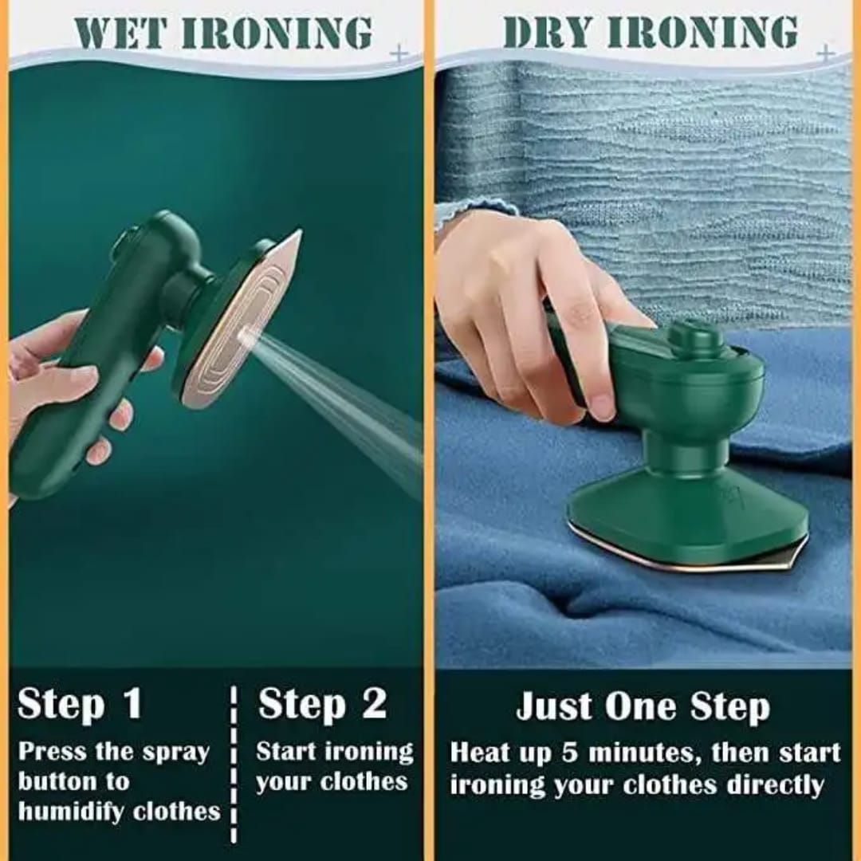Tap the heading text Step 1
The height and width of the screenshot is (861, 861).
coord(80,705)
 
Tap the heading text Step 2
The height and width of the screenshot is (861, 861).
coord(322,705)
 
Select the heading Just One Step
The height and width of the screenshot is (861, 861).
coord(643,707)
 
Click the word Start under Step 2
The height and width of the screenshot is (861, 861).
coord(287,752)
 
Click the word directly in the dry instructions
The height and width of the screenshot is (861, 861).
coord(774,785)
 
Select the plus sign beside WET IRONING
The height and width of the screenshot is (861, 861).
coord(399,54)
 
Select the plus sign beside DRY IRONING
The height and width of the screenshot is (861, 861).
coord(826,54)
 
